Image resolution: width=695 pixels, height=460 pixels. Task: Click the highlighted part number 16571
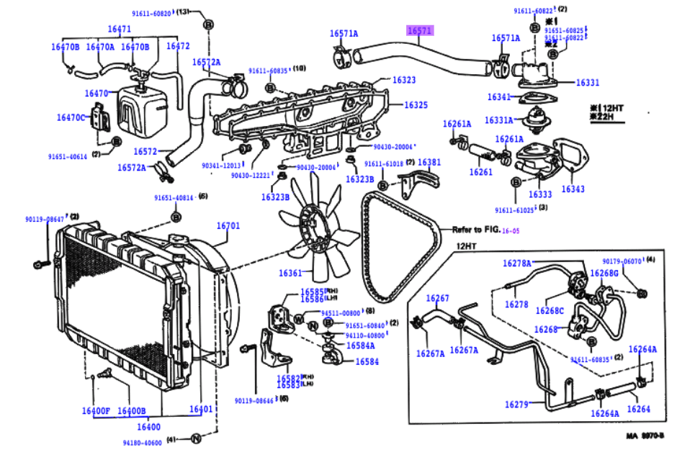pos(420,31)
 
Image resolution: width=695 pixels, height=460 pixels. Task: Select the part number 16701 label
pos(228,225)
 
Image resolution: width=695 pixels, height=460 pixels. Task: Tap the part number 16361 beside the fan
pos(292,274)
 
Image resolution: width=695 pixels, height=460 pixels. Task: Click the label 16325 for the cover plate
pos(416,105)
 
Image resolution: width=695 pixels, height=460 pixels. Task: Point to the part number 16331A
pos(499,120)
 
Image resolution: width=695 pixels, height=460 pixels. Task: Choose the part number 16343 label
pos(573,189)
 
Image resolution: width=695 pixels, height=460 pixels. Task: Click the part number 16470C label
pos(71,117)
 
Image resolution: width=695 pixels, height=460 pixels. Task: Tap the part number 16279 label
pos(517,405)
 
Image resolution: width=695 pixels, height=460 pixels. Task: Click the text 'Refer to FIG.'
pos(475,230)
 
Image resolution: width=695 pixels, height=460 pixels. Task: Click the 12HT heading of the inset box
pos(467,246)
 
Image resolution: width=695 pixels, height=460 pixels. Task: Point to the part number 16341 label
pos(499,97)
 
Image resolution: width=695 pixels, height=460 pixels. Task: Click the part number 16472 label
pos(178,46)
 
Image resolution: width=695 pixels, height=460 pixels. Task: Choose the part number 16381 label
pos(429,163)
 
